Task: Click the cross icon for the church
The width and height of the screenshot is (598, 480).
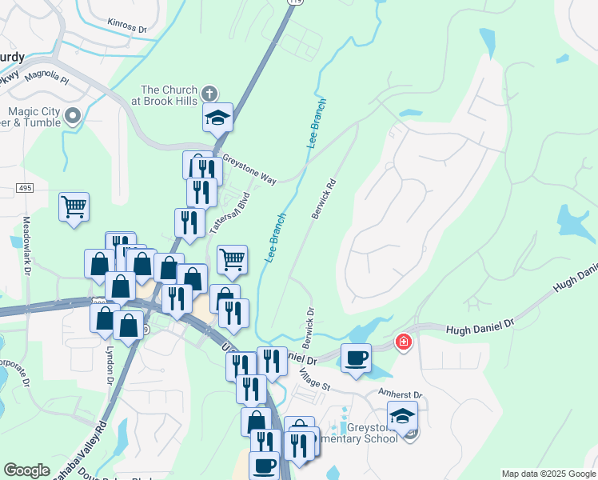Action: pyautogui.click(x=210, y=94)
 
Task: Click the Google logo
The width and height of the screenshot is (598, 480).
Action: pyautogui.click(x=26, y=470)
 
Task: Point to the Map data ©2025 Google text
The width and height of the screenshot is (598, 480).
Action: pyautogui.click(x=548, y=474)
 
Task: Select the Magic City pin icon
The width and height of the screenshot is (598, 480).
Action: pyautogui.click(x=74, y=117)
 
